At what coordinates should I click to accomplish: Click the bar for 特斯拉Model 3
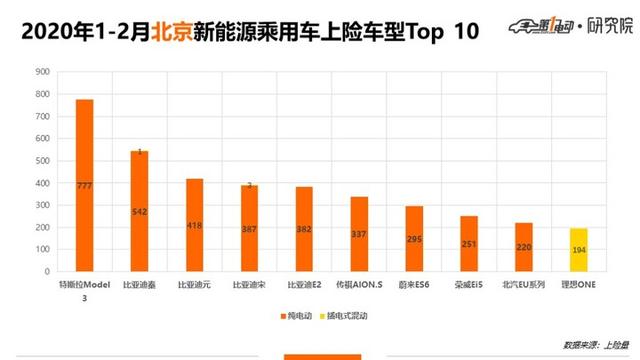[84, 185]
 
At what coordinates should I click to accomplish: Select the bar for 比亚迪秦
[139, 211]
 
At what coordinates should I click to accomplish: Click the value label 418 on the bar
[194, 226]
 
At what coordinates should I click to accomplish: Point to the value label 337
[359, 235]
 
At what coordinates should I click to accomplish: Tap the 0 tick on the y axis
[44, 271]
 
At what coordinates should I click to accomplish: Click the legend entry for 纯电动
[296, 316]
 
